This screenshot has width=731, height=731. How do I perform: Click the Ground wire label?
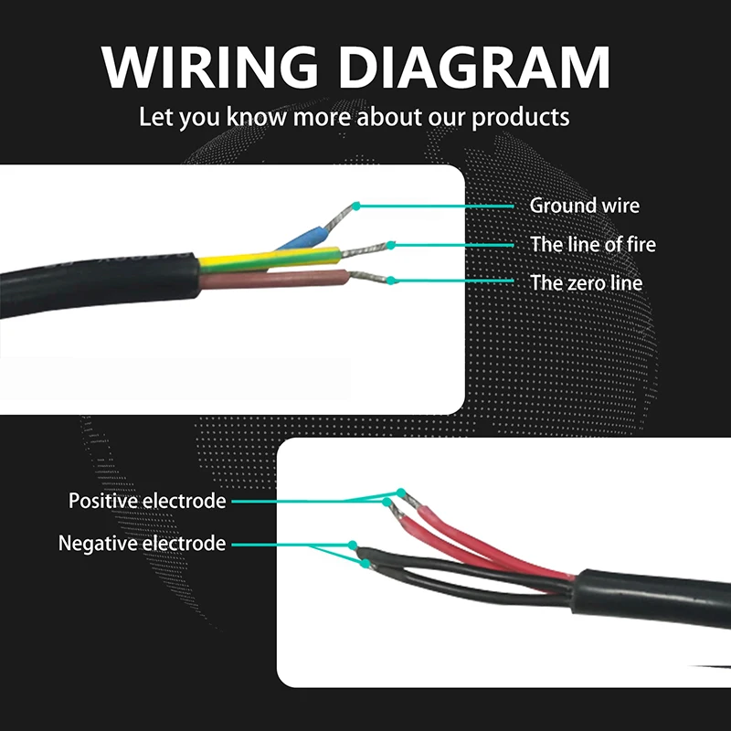[x=585, y=206]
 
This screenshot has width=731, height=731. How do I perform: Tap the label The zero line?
[x=587, y=282]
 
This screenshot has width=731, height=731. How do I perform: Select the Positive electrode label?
[x=147, y=501]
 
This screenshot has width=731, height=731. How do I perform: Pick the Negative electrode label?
[x=142, y=544]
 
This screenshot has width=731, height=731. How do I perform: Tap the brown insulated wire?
[x=274, y=278]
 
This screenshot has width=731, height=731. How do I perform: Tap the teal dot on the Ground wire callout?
[x=356, y=206]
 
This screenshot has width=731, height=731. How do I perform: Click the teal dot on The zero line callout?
[x=391, y=280]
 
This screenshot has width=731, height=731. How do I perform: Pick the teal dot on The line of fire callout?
[x=391, y=244]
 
